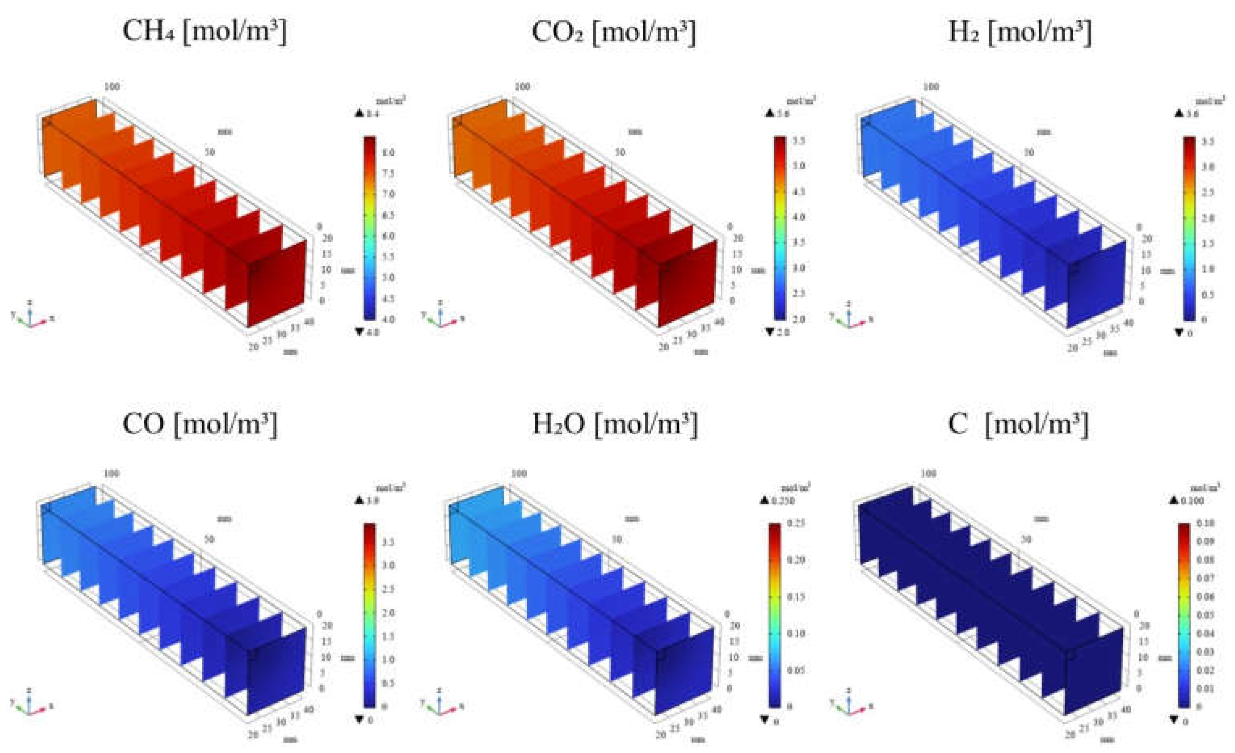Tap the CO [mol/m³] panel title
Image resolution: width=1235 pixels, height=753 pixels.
coord(200,424)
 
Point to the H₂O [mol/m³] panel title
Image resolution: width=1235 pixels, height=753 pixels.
coord(614,424)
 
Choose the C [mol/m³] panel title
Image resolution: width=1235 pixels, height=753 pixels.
coord(1018,424)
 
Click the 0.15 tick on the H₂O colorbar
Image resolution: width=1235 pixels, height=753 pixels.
coord(796,597)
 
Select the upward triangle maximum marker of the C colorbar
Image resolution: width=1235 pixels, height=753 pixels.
coord(1174,501)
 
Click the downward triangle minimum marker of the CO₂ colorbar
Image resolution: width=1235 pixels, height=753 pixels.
coord(770,332)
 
